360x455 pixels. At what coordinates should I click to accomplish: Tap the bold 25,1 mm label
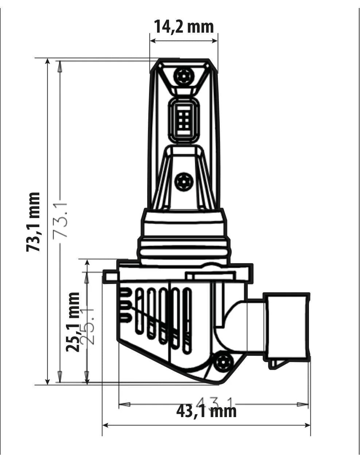point(73,322)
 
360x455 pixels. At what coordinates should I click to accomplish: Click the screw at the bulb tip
point(183,75)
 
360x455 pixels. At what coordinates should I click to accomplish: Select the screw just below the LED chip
point(183,181)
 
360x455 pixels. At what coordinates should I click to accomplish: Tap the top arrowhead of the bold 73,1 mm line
point(48,61)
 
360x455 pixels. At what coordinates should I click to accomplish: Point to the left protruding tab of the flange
point(110,276)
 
